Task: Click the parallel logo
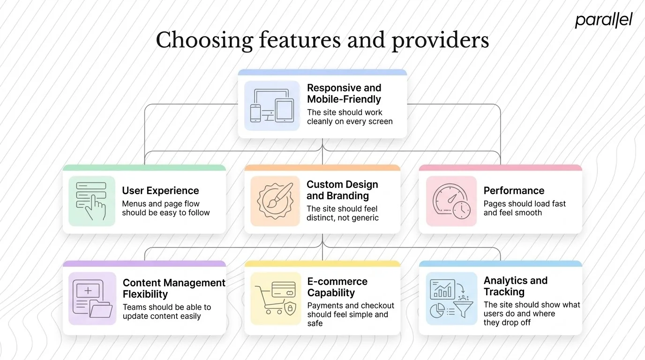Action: pyautogui.click(x=604, y=20)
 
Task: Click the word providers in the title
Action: pyautogui.click(x=440, y=40)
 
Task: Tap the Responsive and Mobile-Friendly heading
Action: pyautogui.click(x=344, y=93)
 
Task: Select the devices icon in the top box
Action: pyautogui.click(x=272, y=106)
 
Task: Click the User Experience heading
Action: pyautogui.click(x=160, y=191)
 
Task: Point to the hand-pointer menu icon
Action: pyautogui.click(x=91, y=201)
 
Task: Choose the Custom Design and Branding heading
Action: pyautogui.click(x=342, y=190)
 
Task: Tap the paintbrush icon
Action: pyautogui.click(x=275, y=201)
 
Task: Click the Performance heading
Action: pyautogui.click(x=514, y=191)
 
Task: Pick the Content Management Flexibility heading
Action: pyautogui.click(x=174, y=288)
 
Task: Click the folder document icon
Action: pyautogui.click(x=92, y=299)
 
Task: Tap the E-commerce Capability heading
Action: pyautogui.click(x=337, y=287)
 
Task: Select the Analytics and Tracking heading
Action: pyautogui.click(x=515, y=286)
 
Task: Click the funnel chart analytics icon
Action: pyautogui.click(x=451, y=299)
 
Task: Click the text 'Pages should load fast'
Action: pyautogui.click(x=525, y=204)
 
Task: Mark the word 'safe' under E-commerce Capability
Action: pyautogui.click(x=315, y=323)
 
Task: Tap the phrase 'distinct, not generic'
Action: pyautogui.click(x=342, y=217)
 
